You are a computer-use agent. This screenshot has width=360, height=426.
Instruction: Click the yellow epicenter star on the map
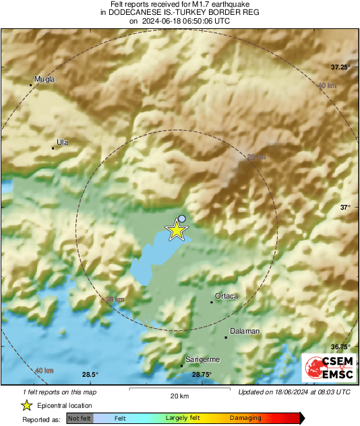point(177,231)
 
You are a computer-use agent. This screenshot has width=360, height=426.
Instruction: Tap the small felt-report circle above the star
point(182,218)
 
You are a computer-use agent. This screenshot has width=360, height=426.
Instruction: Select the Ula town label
point(63,142)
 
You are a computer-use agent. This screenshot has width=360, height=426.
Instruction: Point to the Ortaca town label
point(227,296)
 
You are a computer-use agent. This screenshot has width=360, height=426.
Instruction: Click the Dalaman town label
point(245,331)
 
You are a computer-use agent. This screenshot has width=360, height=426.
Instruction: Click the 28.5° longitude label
point(90,375)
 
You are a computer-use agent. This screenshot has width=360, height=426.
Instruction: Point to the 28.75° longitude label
point(202,375)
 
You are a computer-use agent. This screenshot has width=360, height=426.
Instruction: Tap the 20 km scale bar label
point(179,395)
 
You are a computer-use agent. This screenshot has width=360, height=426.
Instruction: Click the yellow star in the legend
point(26,405)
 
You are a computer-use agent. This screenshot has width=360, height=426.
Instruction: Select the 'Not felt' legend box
point(80,419)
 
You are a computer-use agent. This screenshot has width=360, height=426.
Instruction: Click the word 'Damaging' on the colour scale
point(245,419)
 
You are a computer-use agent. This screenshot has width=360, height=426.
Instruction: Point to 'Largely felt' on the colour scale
point(181,419)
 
